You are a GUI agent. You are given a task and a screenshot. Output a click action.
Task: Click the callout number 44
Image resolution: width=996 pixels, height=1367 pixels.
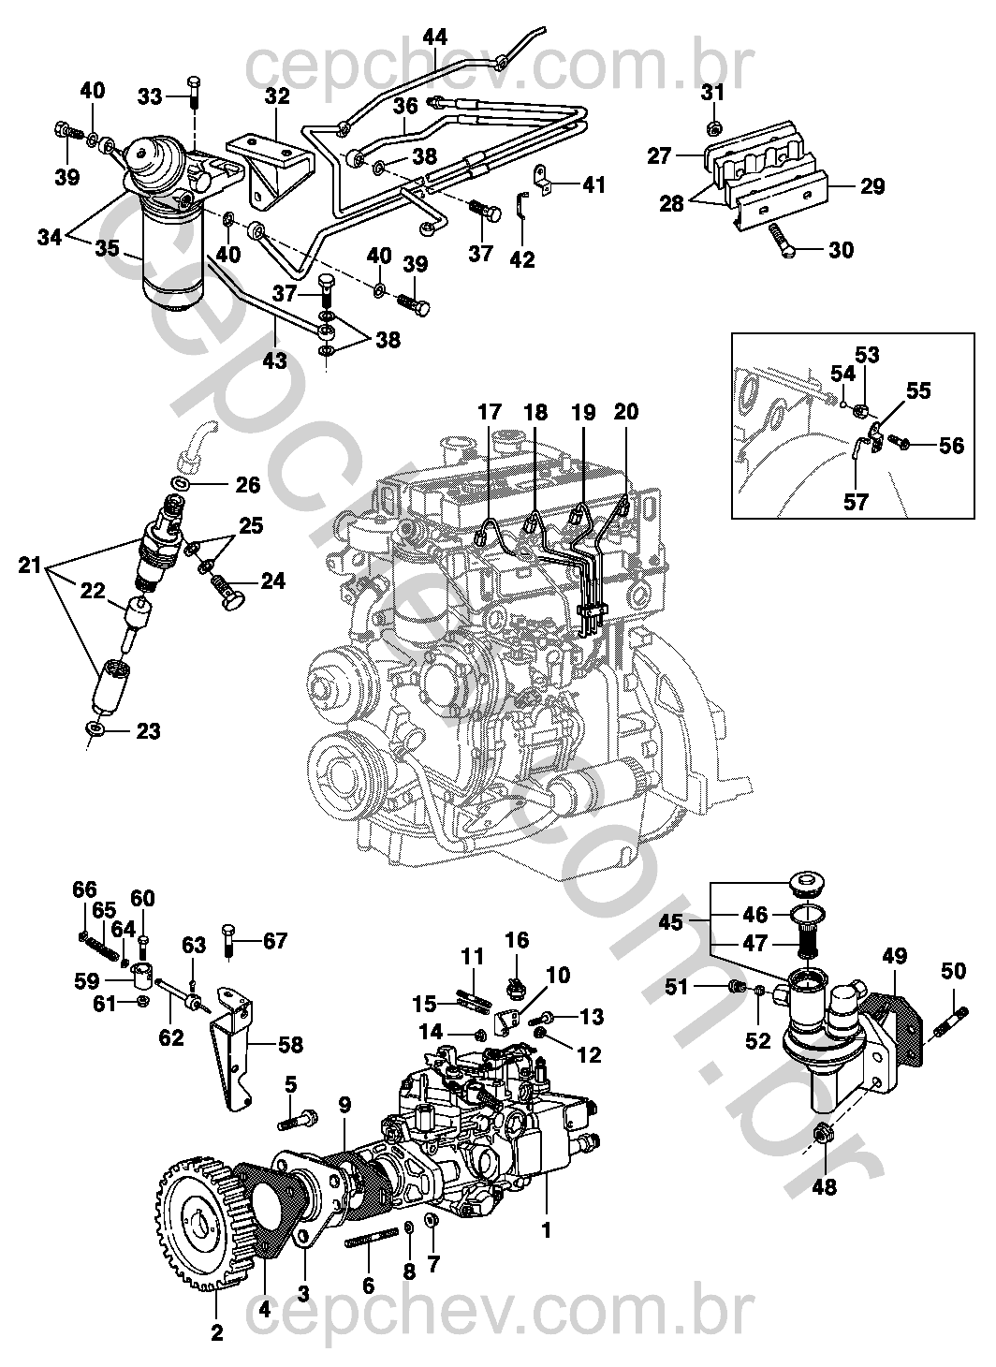[x=435, y=37]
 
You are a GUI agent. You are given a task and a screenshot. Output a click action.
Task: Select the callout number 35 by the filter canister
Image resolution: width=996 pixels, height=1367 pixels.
[x=107, y=248]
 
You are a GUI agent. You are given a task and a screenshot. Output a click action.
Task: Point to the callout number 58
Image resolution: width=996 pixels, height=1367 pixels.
[x=290, y=1044]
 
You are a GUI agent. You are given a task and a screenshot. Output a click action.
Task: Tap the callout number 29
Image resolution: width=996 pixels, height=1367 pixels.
[x=871, y=186]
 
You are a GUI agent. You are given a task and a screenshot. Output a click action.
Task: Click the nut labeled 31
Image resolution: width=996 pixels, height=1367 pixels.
[x=711, y=129]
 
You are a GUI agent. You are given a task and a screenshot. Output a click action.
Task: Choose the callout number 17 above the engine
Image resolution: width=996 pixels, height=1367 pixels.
[x=489, y=412]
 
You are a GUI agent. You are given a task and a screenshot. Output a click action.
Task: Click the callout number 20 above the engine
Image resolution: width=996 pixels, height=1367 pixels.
[x=625, y=412]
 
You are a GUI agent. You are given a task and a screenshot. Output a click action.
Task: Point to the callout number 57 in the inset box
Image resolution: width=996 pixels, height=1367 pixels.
[x=856, y=502]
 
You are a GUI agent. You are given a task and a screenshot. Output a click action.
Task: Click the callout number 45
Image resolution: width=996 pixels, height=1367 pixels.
[x=671, y=921]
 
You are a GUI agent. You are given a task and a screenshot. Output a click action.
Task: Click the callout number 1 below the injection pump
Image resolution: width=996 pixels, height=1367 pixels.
[x=547, y=1229]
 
